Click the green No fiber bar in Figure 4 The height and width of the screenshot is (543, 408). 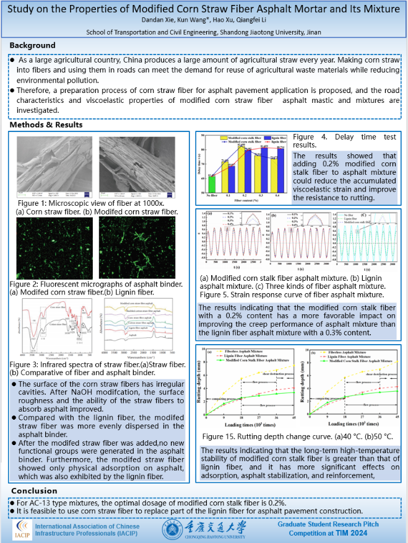coord(211,184)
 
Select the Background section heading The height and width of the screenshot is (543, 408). coord(33,45)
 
